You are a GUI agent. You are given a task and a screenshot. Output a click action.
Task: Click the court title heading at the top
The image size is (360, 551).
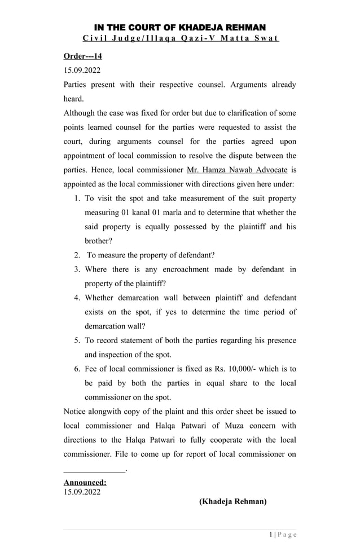179,27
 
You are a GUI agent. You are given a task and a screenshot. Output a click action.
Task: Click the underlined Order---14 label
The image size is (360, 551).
82,56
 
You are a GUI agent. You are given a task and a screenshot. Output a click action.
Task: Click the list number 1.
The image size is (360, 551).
77,198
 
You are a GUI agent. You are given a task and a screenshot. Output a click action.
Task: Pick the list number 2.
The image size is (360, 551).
77,255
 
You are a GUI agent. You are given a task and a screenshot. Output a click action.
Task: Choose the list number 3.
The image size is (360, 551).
77,269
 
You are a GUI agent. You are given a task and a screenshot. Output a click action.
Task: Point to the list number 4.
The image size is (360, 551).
77,298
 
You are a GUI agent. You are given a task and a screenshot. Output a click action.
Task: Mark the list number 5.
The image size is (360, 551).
77,340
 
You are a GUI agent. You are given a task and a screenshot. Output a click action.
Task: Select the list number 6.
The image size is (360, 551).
77,369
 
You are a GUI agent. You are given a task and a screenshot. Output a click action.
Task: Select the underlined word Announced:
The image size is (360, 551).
85,482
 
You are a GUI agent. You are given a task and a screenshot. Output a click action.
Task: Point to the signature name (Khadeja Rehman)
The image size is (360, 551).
232,501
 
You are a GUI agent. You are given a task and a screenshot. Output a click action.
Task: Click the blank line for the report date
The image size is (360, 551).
94,469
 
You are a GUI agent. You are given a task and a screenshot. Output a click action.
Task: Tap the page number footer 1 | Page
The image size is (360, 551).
283,535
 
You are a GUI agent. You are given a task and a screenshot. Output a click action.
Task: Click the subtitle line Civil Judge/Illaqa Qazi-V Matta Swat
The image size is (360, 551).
179,38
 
